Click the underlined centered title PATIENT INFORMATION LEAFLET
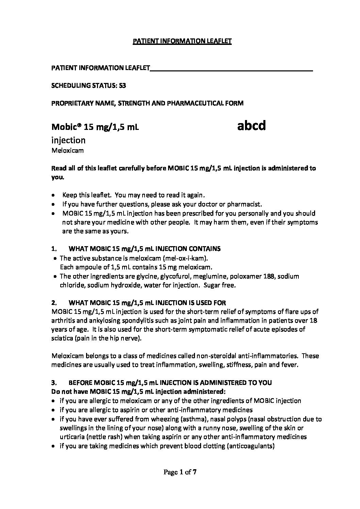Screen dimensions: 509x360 click(x=182, y=41)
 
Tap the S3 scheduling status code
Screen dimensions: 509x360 click(x=122, y=86)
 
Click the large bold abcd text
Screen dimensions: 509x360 click(x=251, y=126)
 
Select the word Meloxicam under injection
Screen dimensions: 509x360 click(x=67, y=150)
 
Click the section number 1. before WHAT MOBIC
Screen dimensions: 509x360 click(x=54, y=249)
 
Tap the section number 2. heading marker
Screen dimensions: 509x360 click(x=54, y=303)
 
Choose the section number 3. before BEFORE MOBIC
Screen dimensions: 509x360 click(x=54, y=383)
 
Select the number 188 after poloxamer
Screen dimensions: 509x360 click(x=269, y=276)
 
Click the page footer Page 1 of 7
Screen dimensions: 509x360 click(x=180, y=472)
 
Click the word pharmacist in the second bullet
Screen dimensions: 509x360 click(x=246, y=204)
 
